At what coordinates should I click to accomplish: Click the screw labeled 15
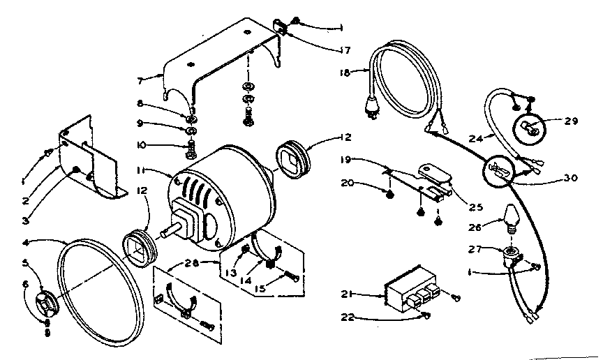coord(291,277)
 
